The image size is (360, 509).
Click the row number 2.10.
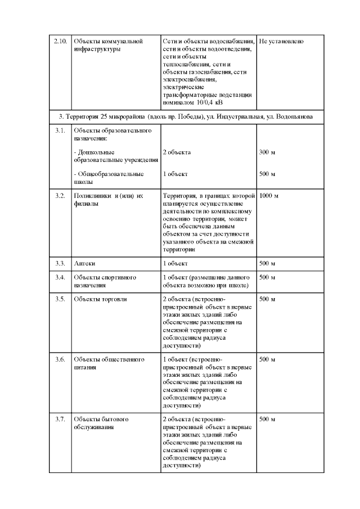[60, 42]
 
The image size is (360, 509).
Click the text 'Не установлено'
[282, 42]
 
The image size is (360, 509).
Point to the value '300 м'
[267, 152]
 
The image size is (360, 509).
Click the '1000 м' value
[269, 196]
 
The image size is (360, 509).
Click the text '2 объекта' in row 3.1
[177, 152]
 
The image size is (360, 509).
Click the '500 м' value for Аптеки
[267, 263]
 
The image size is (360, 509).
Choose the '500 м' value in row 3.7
[267, 420]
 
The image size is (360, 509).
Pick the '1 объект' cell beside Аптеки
[175, 263]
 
